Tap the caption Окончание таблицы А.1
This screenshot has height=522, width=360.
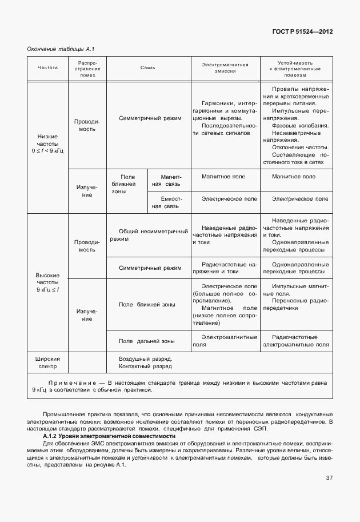56,49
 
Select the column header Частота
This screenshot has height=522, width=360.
48,67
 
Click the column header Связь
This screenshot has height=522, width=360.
148,67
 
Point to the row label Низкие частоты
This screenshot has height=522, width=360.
48,143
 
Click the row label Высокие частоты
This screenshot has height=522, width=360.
48,282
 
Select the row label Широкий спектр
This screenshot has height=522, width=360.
48,362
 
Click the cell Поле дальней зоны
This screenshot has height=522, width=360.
146,341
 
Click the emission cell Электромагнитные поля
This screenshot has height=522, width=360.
225,341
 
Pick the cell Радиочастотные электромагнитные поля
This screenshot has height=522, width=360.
295,341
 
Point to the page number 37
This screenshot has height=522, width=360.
329,478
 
